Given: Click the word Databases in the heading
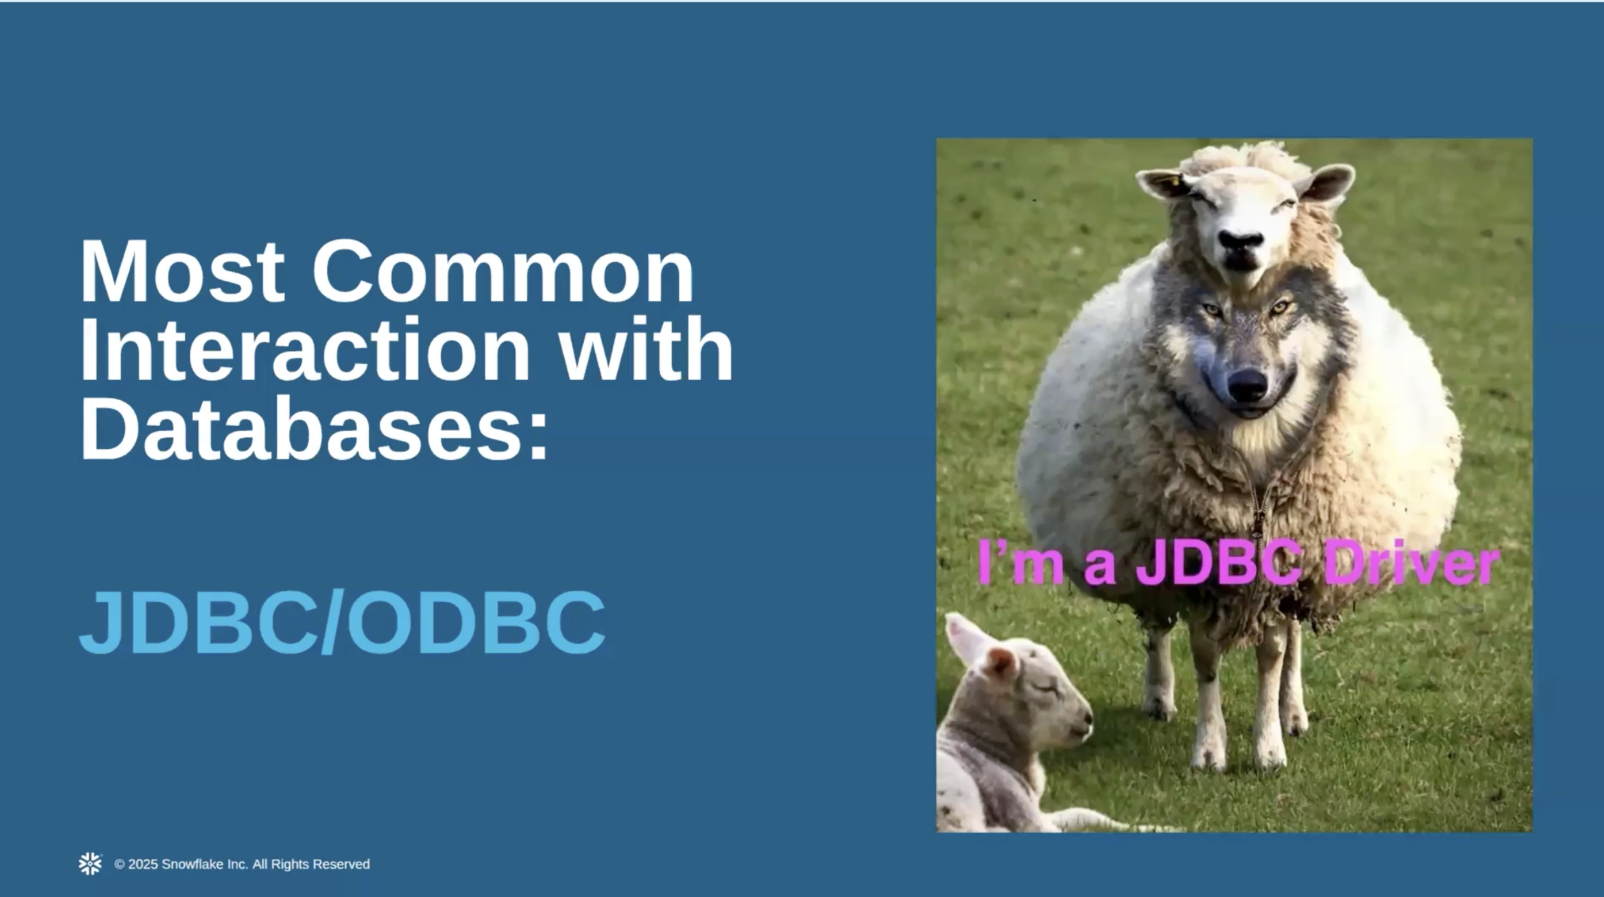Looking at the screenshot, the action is click(303, 428).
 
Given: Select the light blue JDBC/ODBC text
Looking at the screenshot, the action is click(342, 622).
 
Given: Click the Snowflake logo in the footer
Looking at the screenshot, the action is click(90, 864).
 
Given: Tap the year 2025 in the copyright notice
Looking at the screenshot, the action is click(143, 864).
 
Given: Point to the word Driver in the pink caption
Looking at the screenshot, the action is click(1411, 564).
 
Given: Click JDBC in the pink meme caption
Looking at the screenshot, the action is click(1218, 562).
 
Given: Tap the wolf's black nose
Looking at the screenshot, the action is click(1247, 385).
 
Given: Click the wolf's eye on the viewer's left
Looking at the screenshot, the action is click(1212, 311).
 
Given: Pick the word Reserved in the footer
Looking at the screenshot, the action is click(341, 864).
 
